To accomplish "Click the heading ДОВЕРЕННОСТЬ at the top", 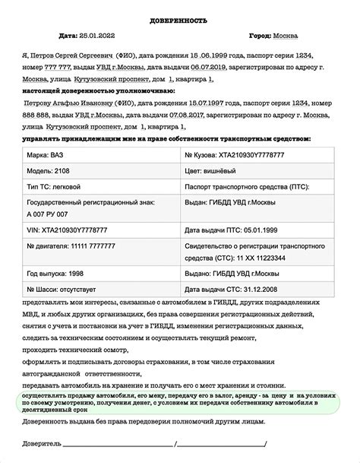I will pyautogui.click(x=180, y=21).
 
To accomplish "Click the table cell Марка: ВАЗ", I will pyautogui.click(x=46, y=154).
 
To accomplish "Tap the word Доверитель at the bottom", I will pyautogui.click(x=46, y=443).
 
